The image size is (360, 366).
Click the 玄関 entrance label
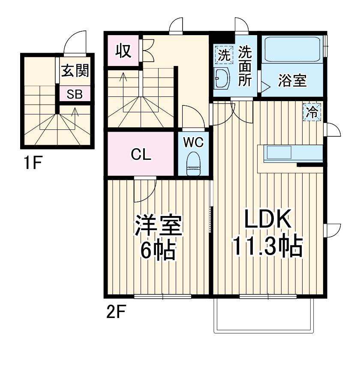coord(75,71)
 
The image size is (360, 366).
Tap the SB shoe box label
coord(75,95)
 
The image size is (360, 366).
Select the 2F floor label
coord(116,312)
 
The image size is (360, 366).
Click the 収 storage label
coord(123,51)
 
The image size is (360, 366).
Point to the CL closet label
coord(141,155)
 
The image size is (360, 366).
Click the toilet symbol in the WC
coord(193,165)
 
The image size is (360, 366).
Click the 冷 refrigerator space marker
coord(312,112)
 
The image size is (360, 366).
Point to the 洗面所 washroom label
coord(245,66)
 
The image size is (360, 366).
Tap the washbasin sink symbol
coord(222,79)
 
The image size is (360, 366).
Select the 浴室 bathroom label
coord(293,81)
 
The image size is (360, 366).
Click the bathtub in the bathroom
coord(293,50)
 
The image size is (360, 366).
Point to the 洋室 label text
coord(158,225)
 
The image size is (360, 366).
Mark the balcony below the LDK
coord(264,315)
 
